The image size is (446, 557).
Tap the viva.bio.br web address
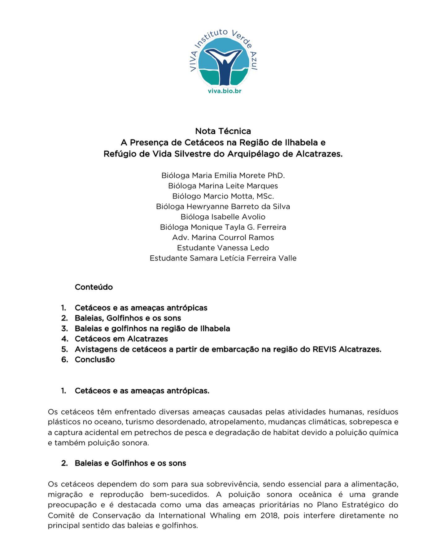225,91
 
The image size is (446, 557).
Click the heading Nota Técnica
223,131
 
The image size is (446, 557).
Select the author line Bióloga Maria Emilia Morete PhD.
223,175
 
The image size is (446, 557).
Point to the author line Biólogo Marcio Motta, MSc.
223,196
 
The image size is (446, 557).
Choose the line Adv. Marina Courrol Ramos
223,237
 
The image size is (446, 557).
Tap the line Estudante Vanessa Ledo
223,248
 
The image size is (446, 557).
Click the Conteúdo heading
94,287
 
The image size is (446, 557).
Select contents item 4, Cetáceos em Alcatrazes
121,339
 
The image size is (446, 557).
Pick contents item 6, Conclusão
95,360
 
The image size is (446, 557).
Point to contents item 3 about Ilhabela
152,328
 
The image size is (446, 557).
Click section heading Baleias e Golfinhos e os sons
130,463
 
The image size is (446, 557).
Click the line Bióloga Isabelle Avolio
223,217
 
